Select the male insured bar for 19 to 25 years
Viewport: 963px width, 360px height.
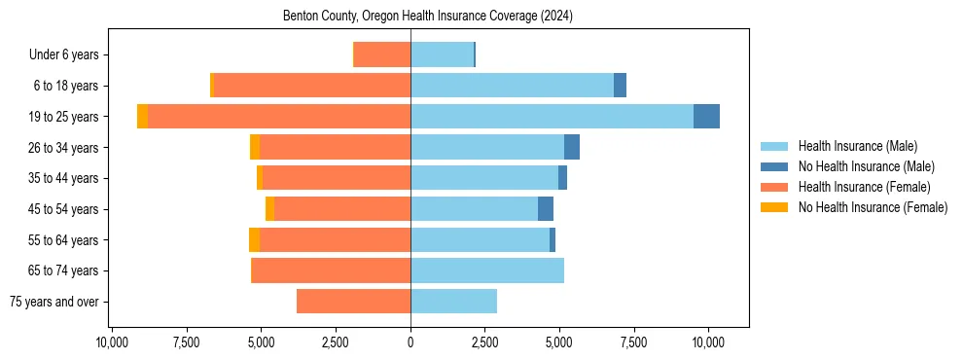[552, 117]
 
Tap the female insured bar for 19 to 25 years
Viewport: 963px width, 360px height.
[279, 117]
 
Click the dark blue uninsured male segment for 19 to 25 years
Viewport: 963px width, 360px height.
[706, 117]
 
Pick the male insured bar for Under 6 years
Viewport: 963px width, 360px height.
[442, 55]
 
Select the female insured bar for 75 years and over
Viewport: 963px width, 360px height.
[353, 302]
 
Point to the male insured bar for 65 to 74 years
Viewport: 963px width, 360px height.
[487, 270]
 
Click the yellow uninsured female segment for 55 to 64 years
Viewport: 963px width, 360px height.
[254, 240]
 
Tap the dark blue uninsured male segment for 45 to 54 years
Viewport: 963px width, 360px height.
[546, 209]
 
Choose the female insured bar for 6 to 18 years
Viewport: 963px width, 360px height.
[311, 86]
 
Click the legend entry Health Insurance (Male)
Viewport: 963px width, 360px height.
[857, 146]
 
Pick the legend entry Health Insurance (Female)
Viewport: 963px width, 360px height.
[864, 187]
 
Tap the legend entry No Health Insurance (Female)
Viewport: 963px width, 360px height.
[873, 207]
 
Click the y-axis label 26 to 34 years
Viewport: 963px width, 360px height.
[64, 148]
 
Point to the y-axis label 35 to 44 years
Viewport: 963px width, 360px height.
[64, 179]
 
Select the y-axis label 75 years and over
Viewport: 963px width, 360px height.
[53, 302]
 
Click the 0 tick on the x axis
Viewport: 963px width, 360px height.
[410, 343]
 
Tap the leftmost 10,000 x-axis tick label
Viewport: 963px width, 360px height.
[113, 343]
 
